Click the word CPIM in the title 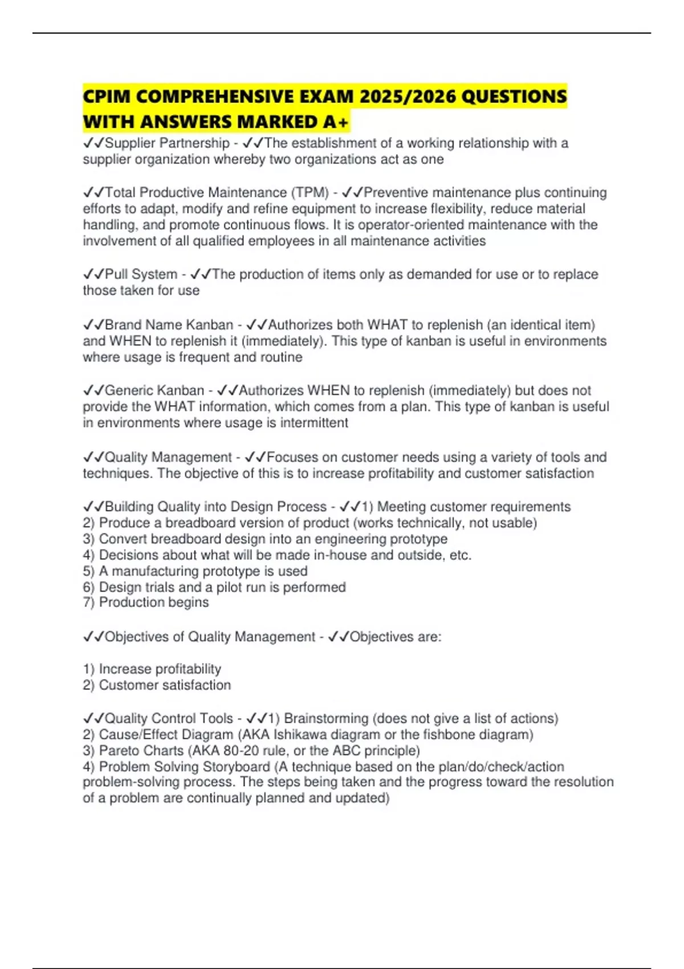[x=107, y=96]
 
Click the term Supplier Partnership [x=167, y=143]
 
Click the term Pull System [x=141, y=274]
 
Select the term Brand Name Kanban [x=169, y=325]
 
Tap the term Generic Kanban [x=154, y=390]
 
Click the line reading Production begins [x=153, y=602]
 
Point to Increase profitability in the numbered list [x=160, y=669]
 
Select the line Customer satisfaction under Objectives [x=165, y=685]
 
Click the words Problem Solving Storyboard [x=184, y=767]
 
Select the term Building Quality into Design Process [x=215, y=507]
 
